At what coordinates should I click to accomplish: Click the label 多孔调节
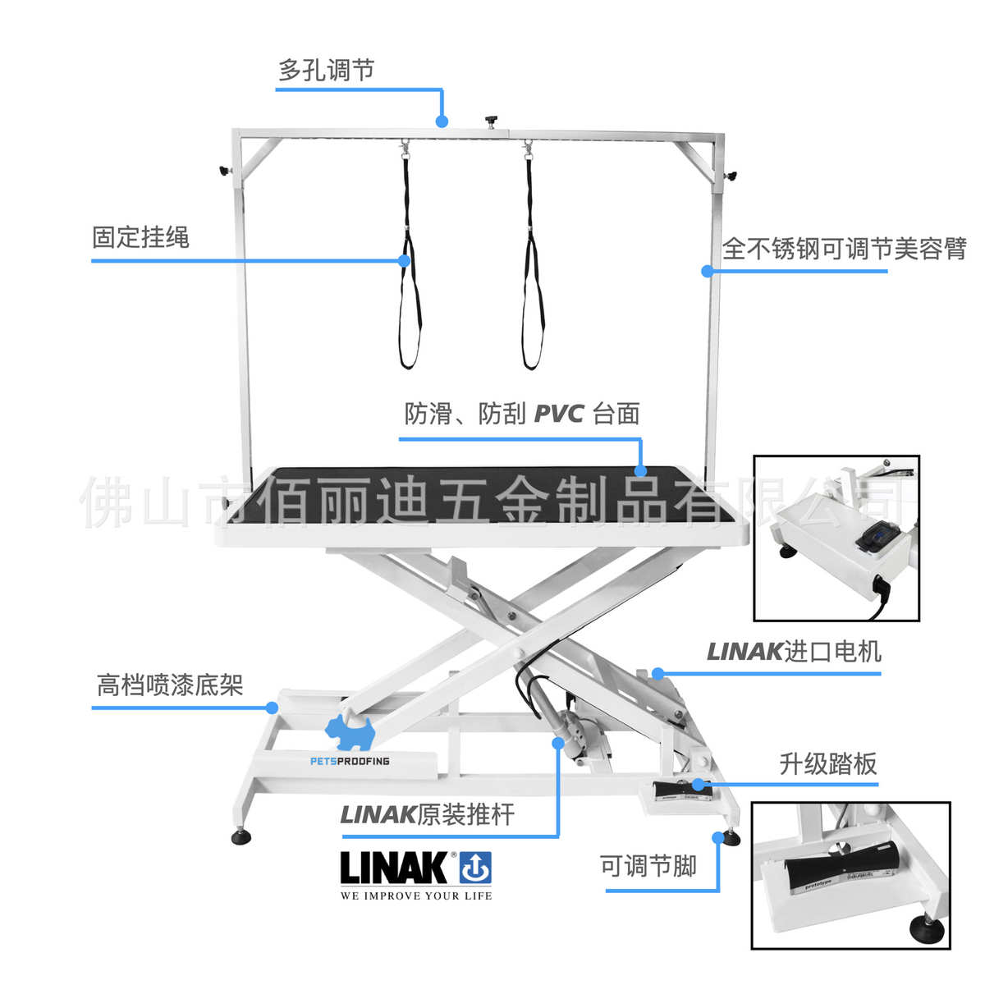coord(326,71)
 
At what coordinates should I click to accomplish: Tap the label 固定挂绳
coord(140,238)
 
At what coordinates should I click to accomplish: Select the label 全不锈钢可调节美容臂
coord(844,248)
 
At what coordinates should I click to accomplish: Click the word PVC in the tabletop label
coord(558,414)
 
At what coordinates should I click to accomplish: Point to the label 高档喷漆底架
coord(170,685)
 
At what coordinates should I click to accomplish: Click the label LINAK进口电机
coord(794,652)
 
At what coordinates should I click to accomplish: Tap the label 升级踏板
coord(827,764)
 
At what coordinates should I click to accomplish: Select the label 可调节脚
coord(648,865)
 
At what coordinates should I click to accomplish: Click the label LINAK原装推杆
coord(427,814)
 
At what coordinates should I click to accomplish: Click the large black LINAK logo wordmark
coord(393,868)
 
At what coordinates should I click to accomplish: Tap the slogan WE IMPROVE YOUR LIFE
coord(416,896)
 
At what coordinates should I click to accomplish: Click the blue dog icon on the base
coord(349,729)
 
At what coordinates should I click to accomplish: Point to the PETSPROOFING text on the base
coord(350,761)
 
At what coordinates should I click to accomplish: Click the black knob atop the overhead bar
coord(492,121)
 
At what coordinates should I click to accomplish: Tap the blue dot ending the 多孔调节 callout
coord(442,121)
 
